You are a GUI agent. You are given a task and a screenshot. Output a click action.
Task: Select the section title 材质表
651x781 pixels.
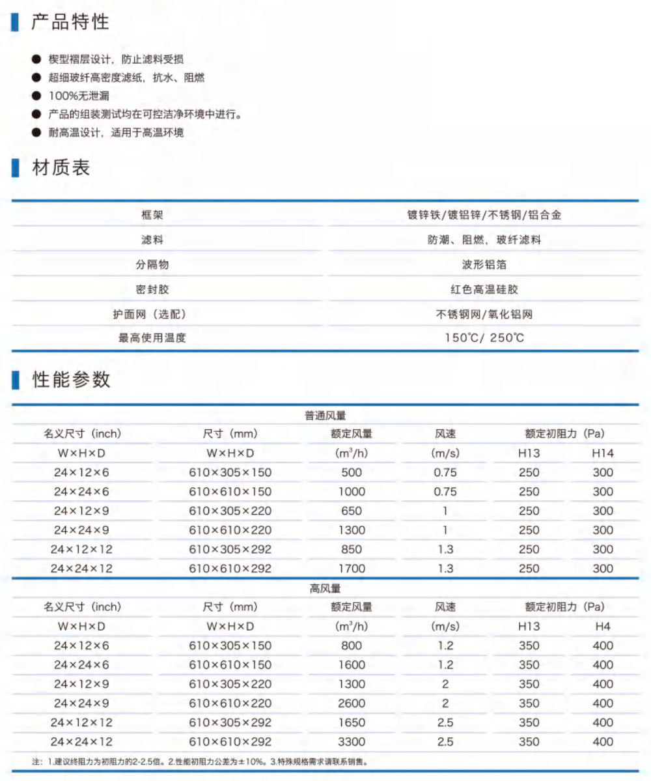coord(61,168)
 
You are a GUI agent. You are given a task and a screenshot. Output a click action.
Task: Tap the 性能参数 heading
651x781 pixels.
coord(71,380)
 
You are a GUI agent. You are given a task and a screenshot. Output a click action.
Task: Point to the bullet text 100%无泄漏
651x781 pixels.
coord(79,96)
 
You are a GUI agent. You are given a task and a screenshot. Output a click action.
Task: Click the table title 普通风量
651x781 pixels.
coord(325,415)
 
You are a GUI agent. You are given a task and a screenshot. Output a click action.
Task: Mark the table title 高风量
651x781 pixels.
coord(325,589)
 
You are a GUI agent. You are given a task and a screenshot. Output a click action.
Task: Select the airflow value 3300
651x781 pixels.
coord(352,742)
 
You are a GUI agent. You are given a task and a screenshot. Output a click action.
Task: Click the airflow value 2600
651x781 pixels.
coord(352,703)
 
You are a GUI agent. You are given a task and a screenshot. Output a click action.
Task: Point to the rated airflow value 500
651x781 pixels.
coord(352,472)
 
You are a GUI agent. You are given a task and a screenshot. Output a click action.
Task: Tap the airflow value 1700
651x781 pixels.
coord(352,569)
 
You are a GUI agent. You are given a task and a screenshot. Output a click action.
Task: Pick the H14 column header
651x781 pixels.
coord(603,453)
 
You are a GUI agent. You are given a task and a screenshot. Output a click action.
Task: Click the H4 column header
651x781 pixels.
coord(603,627)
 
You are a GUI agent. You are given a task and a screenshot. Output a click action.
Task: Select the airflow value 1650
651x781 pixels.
coord(352,722)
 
